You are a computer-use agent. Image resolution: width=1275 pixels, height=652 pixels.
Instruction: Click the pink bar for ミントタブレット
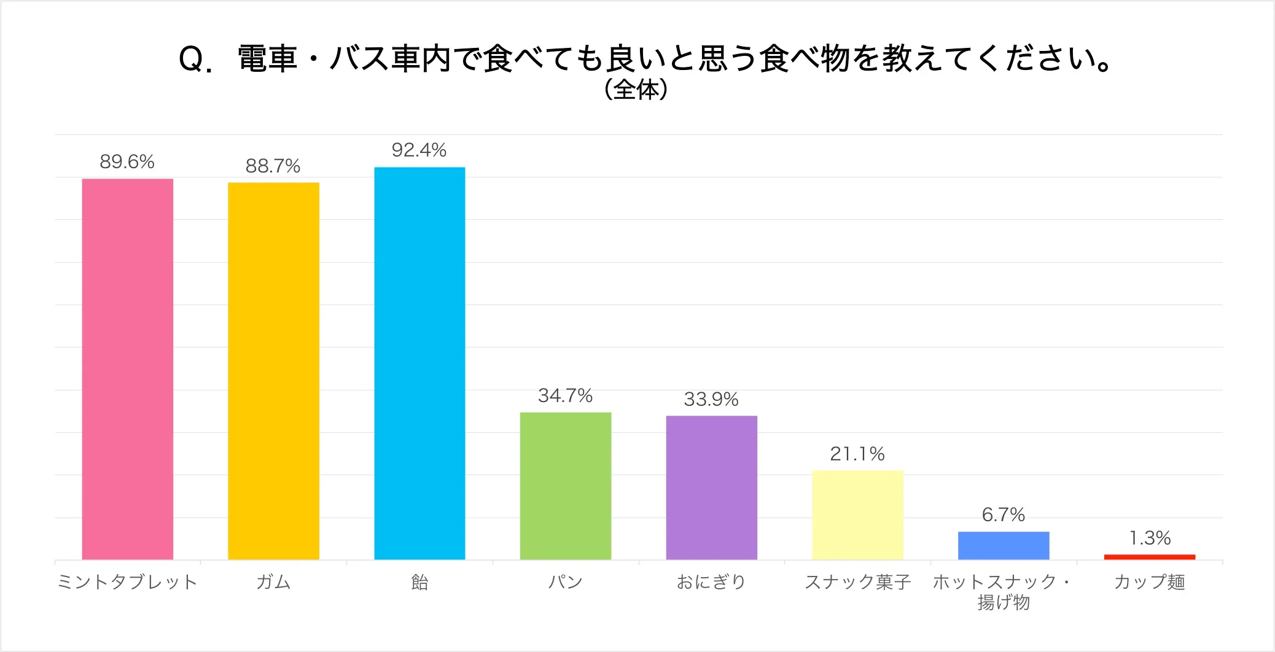point(128,369)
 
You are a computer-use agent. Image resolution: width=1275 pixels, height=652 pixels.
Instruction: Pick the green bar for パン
point(566,486)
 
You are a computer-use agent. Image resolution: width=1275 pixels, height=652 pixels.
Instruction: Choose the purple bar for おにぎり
point(711,487)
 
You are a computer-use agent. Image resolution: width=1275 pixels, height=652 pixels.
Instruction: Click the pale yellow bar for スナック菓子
point(857,515)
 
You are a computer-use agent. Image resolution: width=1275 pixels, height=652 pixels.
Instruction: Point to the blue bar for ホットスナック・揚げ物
point(1004,545)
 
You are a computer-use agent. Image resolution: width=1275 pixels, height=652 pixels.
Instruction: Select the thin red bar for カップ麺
point(1150,557)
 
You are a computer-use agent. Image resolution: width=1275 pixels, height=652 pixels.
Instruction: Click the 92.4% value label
point(419,150)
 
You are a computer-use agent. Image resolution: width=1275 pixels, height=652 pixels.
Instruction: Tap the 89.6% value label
point(127,161)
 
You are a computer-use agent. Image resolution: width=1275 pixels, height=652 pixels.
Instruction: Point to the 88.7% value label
point(273,166)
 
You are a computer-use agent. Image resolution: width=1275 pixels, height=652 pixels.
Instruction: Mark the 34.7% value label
point(565,395)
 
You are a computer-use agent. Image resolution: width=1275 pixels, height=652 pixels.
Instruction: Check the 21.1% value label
point(857,454)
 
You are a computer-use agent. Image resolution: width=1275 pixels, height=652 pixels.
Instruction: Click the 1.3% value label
point(1150,538)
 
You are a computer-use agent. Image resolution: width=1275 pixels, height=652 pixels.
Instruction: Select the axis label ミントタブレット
point(127,582)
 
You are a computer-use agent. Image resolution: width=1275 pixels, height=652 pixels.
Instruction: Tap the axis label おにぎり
point(711,582)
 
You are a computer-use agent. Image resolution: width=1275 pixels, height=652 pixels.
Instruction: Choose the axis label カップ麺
point(1150,582)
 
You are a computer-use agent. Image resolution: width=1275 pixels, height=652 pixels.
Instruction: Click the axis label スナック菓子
point(857,582)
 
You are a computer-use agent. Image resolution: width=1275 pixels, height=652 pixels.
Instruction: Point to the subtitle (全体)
point(636,90)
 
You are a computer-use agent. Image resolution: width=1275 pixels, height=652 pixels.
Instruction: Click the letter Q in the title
point(191,60)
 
